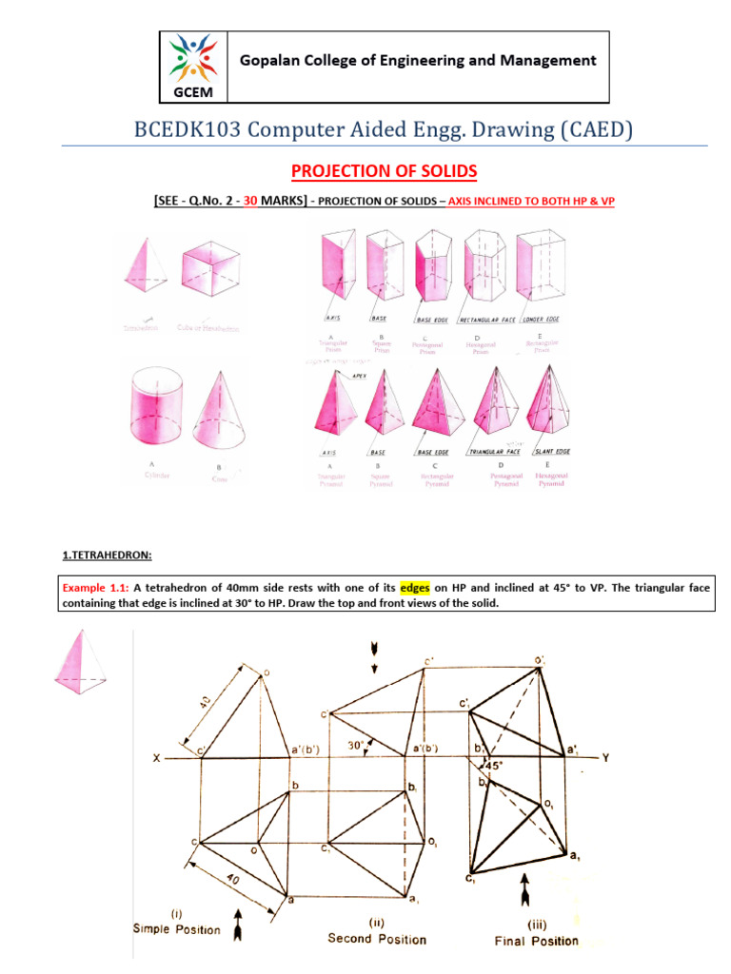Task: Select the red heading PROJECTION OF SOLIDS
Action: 383,171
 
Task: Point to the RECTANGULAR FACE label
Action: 486,320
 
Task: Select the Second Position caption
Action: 376,938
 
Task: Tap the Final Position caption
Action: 536,940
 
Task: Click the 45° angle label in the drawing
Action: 495,765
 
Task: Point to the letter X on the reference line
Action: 155,757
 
